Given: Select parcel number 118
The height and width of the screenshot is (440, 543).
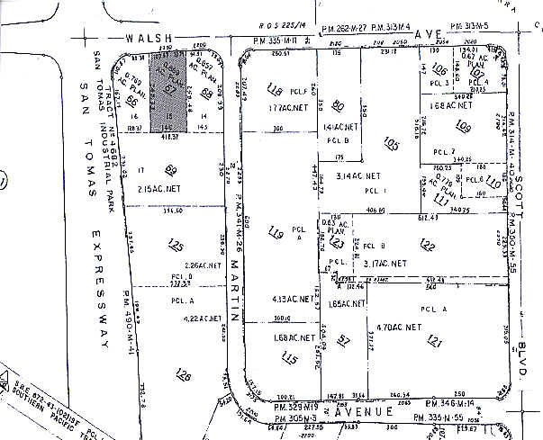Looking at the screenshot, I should click(275, 91).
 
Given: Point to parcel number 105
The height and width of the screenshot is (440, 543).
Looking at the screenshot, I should click(390, 143).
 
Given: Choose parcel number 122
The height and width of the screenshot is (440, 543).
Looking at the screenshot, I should click(427, 246).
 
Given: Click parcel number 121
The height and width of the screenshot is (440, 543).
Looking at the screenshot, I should click(435, 339).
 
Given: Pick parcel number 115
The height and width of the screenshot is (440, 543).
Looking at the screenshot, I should click(288, 358).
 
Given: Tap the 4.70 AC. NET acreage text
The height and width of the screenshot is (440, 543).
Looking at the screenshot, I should click(399, 327).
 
